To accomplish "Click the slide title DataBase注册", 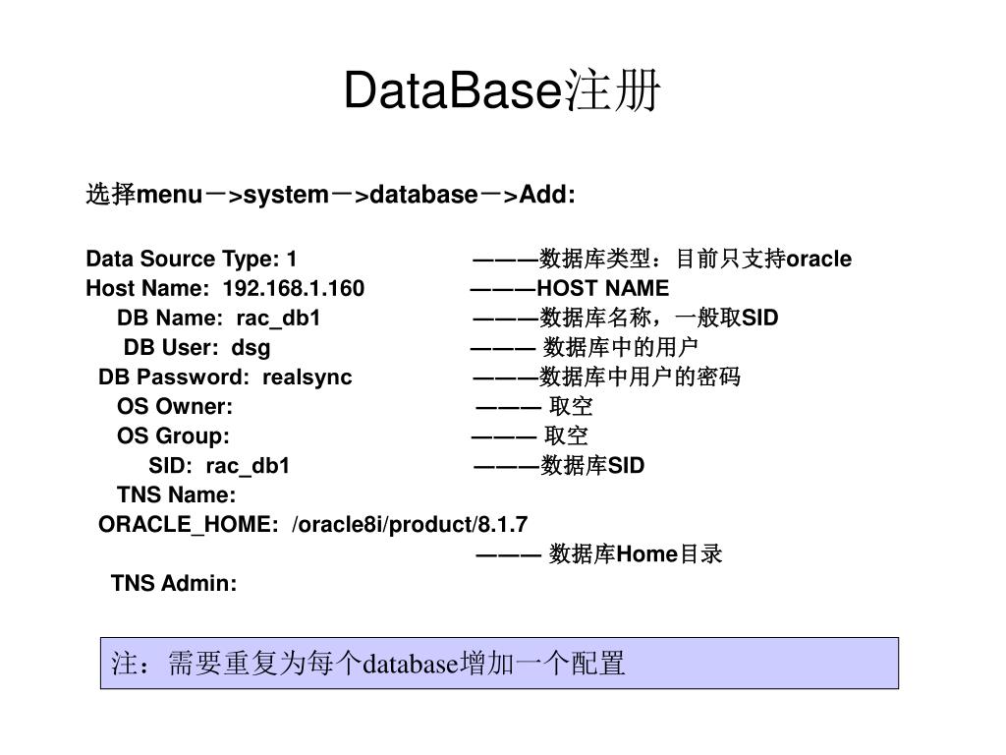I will (502, 92).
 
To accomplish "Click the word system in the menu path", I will (285, 195).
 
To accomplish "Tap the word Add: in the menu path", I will (547, 195).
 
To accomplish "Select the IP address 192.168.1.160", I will (294, 288).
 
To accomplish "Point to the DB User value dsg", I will (251, 347).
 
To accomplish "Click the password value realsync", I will (307, 377).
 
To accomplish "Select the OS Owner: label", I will (175, 406).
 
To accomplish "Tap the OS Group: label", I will (173, 436).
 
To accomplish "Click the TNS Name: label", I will (177, 494).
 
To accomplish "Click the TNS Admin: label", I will (174, 583).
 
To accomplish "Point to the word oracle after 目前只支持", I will (819, 259).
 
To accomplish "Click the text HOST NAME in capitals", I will (602, 288).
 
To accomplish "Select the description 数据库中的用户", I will (620, 347).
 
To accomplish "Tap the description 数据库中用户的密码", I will (641, 377).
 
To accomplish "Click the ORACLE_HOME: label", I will (189, 524).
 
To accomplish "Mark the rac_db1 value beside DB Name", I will (278, 318).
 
